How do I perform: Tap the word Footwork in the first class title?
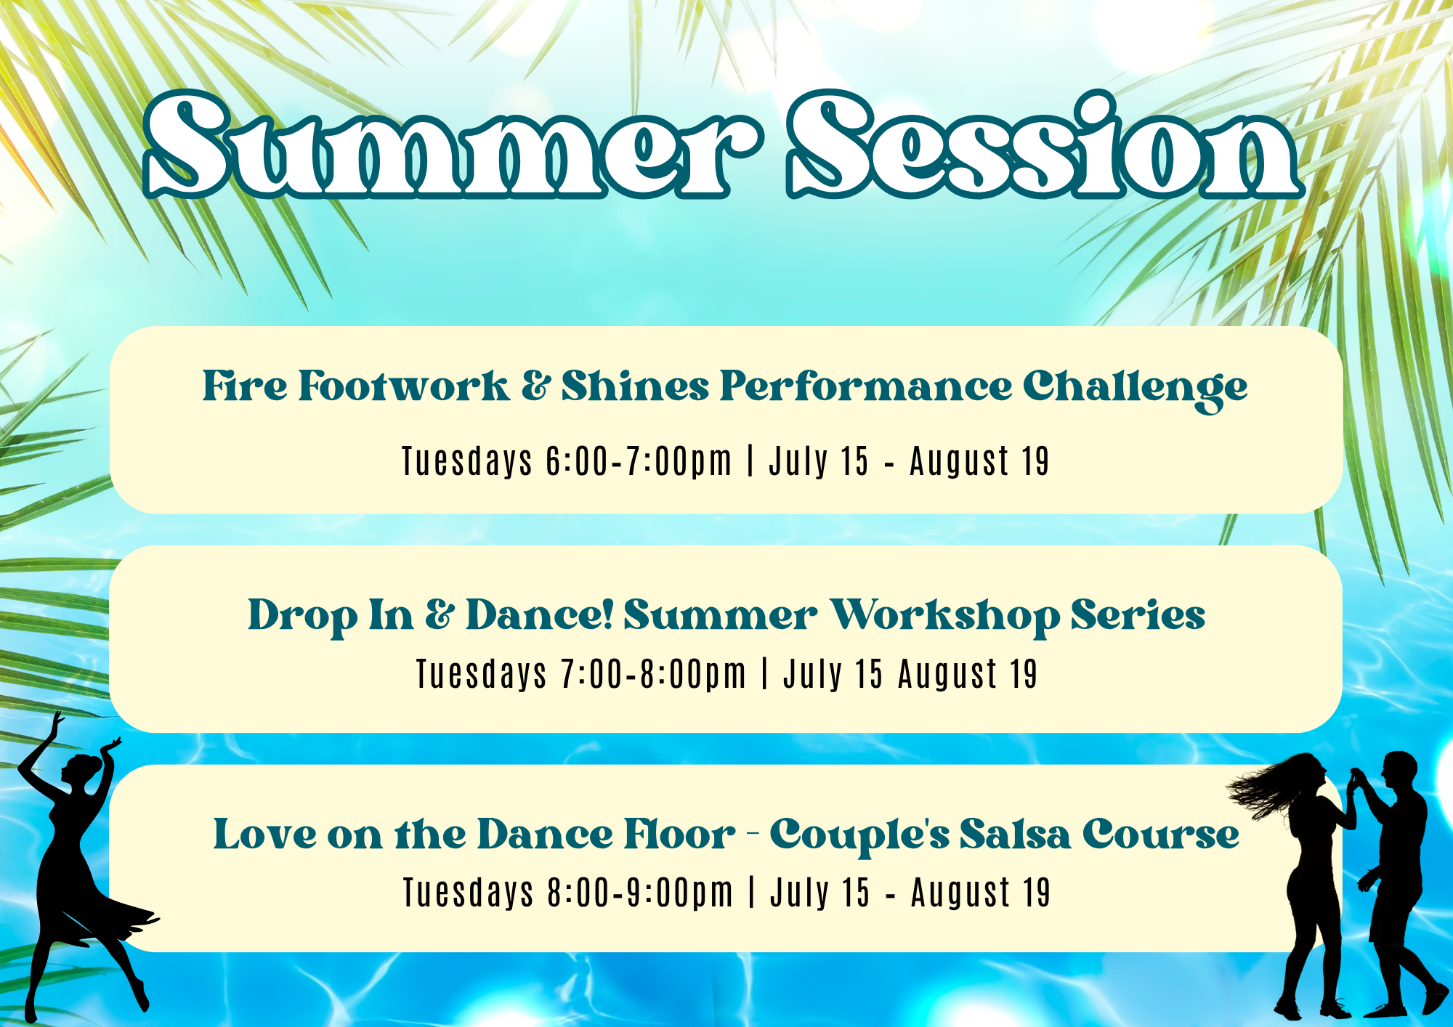404,386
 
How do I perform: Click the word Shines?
635,386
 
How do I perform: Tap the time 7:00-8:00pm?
654,674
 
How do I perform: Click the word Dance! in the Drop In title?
541,615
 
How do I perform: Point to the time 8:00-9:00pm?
641,893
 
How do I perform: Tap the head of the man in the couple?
1399,771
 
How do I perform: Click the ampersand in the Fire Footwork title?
535,386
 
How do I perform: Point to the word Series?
1138,615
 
